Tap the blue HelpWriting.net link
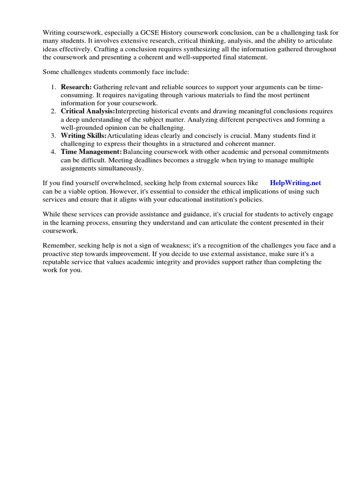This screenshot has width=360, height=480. pyautogui.click(x=295, y=183)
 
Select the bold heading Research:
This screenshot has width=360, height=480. pyautogui.click(x=76, y=87)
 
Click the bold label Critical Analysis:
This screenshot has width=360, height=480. pyautogui.click(x=88, y=111)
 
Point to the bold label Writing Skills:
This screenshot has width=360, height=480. pyautogui.click(x=84, y=135)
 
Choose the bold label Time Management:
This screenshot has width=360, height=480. pyautogui.click(x=91, y=152)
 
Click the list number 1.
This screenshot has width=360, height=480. pyautogui.click(x=53, y=87)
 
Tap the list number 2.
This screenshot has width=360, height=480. pyautogui.click(x=53, y=111)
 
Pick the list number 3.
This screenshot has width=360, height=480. pyautogui.click(x=53, y=135)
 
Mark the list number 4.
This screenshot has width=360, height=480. pyautogui.click(x=53, y=152)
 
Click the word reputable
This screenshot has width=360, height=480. pyautogui.click(x=59, y=262)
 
